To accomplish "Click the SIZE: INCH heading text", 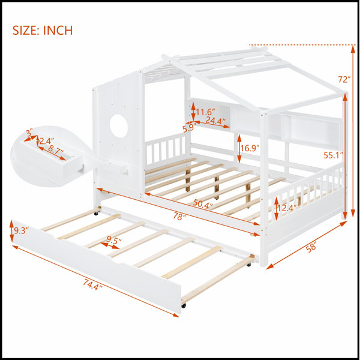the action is point(43,31).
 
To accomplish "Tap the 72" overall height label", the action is point(344,79).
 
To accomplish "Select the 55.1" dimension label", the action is point(333,155).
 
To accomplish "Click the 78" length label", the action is point(179,217).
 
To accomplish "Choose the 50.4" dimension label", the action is point(203,203).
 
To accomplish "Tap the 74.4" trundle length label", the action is point(92,284).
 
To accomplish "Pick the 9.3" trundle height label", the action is point(20,230).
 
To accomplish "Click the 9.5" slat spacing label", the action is point(114,240).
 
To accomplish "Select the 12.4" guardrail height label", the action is point(287,208).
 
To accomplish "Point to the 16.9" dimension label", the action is point(250,148).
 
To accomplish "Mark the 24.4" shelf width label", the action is point(215,121).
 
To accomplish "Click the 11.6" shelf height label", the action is point(205,112).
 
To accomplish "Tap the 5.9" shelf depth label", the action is point(190,128).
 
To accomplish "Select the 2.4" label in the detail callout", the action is point(47,141).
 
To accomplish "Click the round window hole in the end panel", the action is point(119,126).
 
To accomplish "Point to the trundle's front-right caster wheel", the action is point(184,305).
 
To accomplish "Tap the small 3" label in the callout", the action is point(29,133).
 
